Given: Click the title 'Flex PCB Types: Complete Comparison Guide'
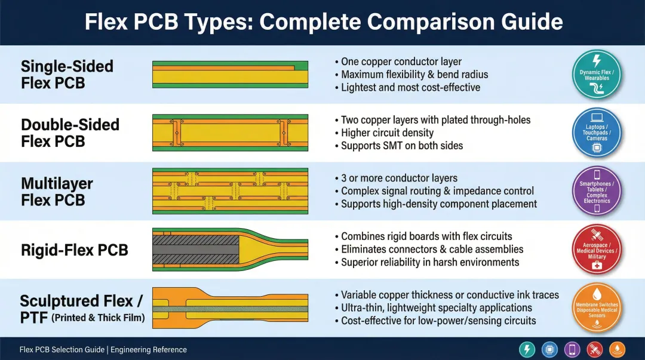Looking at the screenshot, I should click(x=323, y=22).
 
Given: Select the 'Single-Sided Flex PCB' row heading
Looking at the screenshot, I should click(x=67, y=75).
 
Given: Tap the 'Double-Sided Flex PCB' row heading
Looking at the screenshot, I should click(x=70, y=133).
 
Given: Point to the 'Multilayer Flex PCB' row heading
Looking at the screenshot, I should click(x=57, y=191).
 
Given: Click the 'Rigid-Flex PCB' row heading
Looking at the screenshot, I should click(x=74, y=250).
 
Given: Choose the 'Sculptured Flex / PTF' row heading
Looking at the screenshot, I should click(x=82, y=309).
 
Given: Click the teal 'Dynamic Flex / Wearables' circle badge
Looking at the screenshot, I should click(x=597, y=75).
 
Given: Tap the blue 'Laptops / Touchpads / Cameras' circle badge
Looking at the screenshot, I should click(x=597, y=133).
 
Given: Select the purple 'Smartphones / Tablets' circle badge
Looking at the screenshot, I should click(x=597, y=191).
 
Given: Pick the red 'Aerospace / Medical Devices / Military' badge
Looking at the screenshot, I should click(x=597, y=250).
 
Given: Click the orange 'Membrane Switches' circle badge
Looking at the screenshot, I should click(x=597, y=308).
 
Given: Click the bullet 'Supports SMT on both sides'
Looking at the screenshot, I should click(x=401, y=146).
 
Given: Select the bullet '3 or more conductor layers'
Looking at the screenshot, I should click(x=399, y=178).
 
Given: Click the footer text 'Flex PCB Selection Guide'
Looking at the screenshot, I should click(x=62, y=350).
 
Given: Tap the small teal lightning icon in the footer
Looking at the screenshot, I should click(x=528, y=350).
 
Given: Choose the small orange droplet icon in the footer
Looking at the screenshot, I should click(x=617, y=350).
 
